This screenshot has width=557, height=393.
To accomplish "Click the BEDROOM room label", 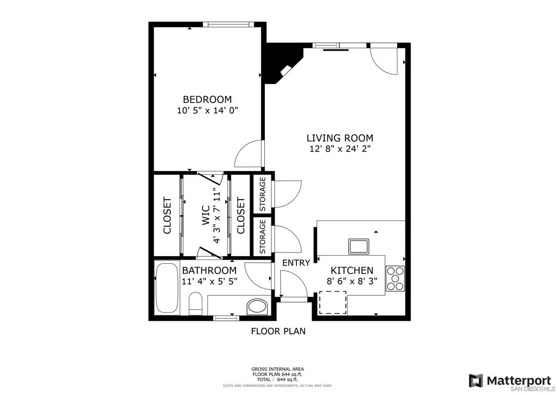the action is tap(207, 99).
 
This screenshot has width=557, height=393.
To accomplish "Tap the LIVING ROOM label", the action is tap(340, 138).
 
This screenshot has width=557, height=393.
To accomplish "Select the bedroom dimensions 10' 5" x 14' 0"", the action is tap(207, 111).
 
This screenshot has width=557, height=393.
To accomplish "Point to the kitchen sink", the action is tap(358, 246).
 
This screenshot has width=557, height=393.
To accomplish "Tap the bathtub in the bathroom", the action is tap(167, 287).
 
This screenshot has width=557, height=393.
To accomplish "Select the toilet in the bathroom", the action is tap(195, 303).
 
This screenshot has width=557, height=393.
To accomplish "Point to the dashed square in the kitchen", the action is tap(332, 302).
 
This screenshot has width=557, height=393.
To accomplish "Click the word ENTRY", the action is tap(296, 263).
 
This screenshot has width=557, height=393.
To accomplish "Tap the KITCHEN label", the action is tap(352, 271).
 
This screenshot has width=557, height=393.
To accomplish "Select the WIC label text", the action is tap(206, 215).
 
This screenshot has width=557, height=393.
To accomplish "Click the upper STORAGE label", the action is tap(263, 194).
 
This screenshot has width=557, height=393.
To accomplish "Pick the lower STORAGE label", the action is tap(263, 236).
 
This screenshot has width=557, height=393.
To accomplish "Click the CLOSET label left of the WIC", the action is tap(167, 215).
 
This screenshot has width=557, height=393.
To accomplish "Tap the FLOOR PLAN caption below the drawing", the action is tap(278, 331).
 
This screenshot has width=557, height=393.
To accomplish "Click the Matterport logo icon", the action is tap(475, 381).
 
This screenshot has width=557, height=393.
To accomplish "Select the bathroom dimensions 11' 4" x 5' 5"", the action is tap(209, 282).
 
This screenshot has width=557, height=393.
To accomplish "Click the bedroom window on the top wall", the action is tap(228, 24).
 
